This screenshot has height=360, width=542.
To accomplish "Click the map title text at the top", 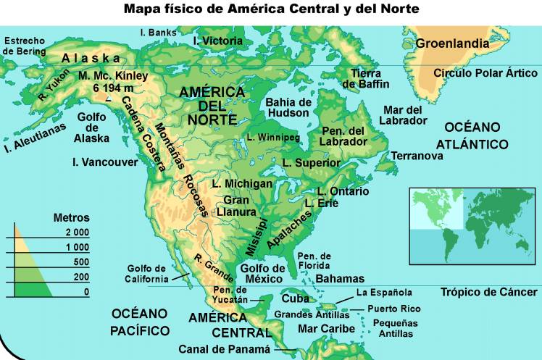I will (x=271, y=9).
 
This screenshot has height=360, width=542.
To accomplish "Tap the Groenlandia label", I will (x=451, y=44).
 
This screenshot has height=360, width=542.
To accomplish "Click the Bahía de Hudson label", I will (x=288, y=107).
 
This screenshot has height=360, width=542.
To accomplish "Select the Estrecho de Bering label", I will (x=25, y=46).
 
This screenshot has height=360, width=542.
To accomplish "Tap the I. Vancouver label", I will (x=105, y=162).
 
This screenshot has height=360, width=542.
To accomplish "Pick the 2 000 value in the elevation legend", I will (x=76, y=233).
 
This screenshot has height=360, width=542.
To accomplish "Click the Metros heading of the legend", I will (x=72, y=217).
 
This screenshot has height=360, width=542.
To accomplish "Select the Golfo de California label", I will (x=147, y=273).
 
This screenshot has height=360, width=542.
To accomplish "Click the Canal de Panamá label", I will (x=224, y=349).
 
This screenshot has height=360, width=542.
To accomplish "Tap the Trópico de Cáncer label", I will (x=489, y=292).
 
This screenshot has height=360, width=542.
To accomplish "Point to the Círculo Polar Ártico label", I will (x=485, y=73).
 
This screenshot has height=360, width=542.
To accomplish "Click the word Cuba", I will (x=295, y=298).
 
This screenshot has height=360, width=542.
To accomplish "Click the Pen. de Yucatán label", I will (x=230, y=295).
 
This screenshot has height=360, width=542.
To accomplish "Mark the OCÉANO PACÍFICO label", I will (x=140, y=322).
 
